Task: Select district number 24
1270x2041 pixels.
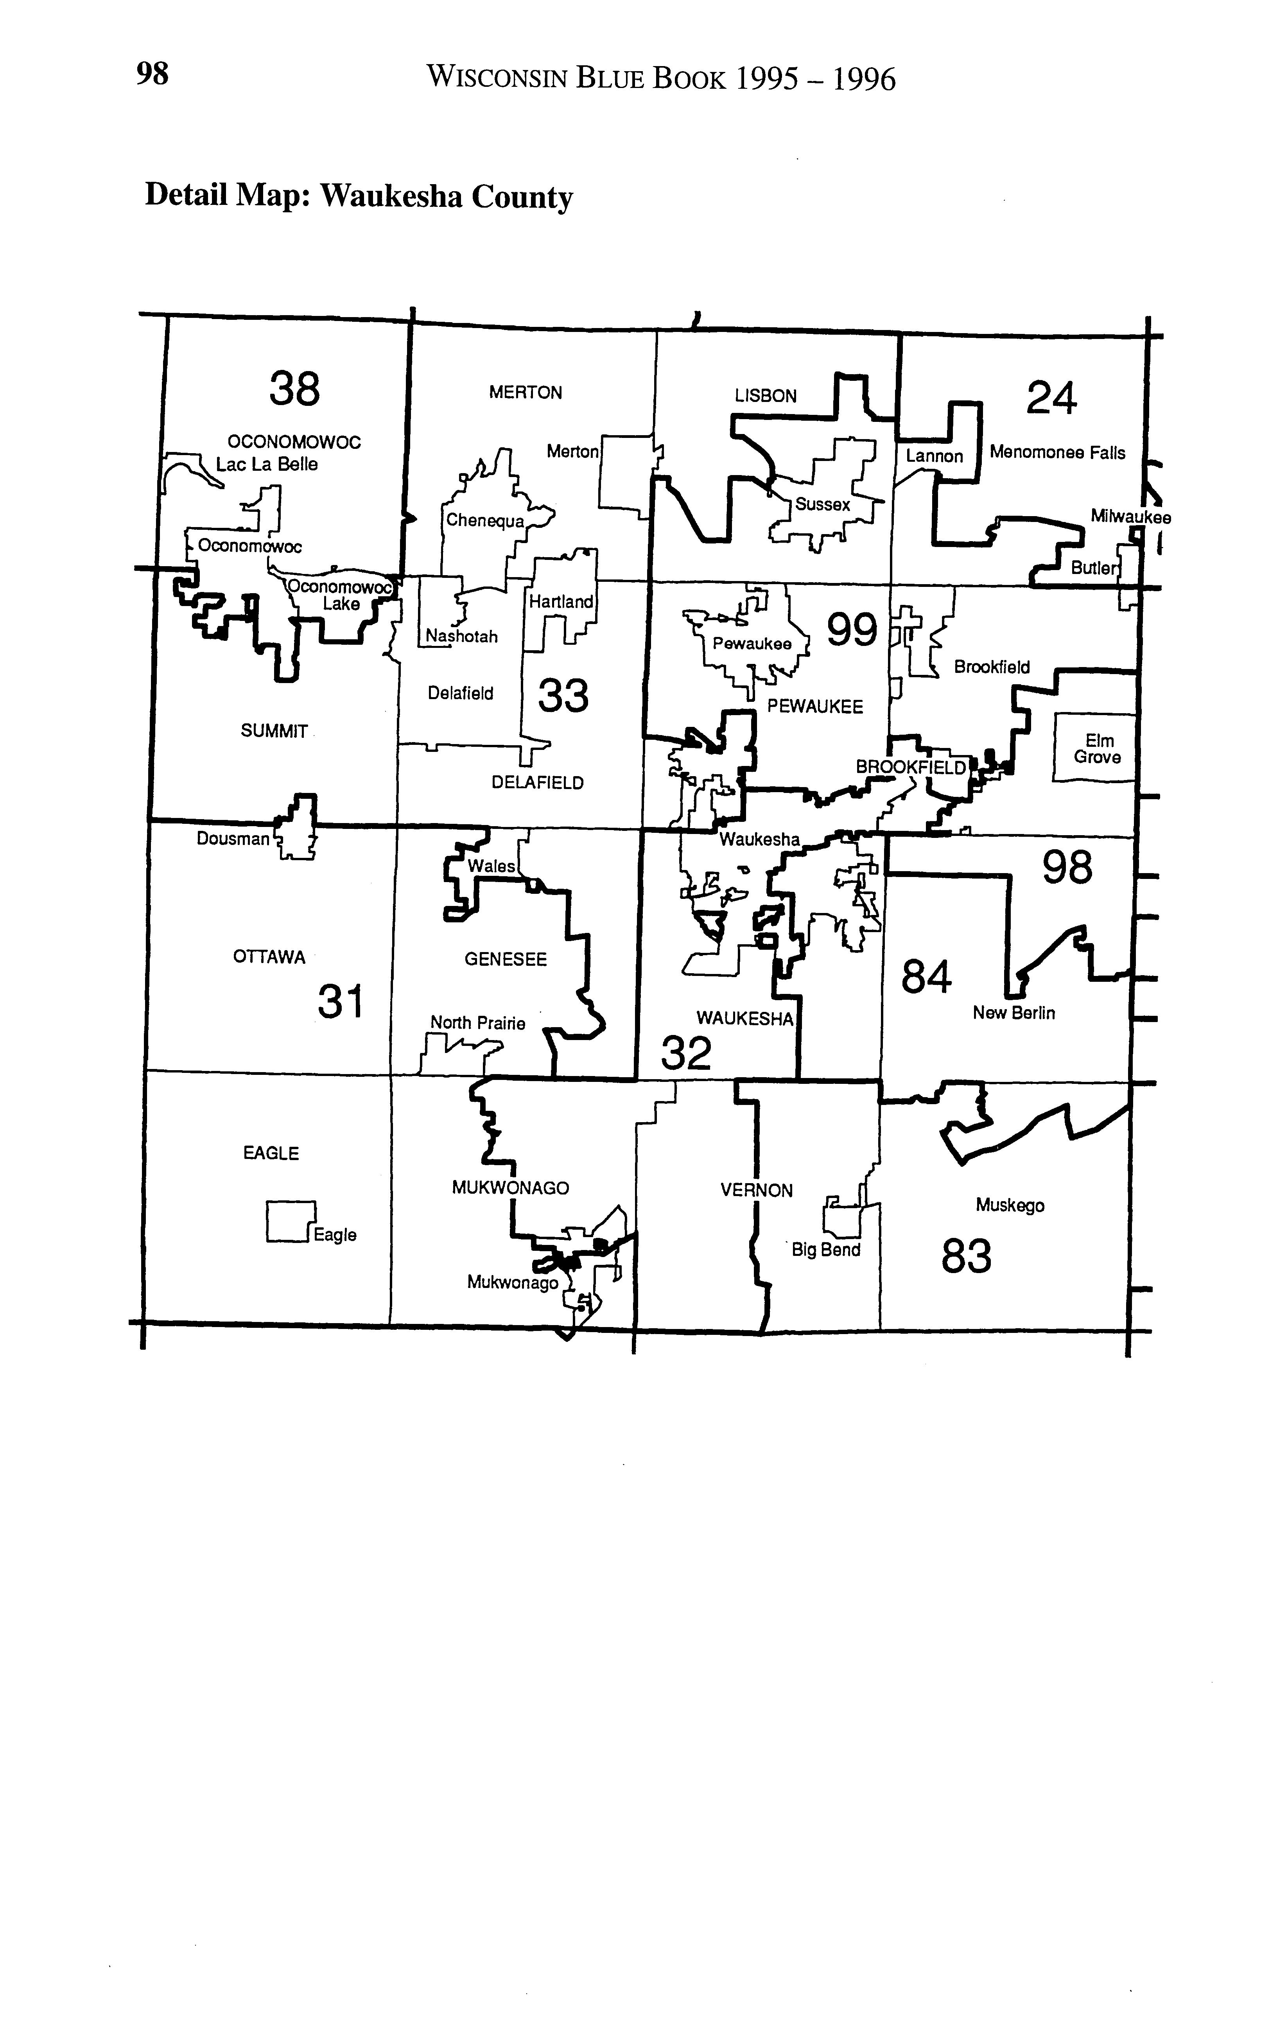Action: click(1051, 398)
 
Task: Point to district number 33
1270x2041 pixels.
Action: click(563, 696)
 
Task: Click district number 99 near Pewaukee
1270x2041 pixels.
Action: click(852, 630)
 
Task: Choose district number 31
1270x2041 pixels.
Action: click(340, 1002)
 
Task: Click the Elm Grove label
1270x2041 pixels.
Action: click(1098, 748)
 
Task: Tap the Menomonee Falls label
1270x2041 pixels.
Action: click(1057, 453)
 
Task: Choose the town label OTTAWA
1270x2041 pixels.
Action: click(269, 958)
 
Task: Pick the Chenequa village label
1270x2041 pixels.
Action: click(484, 521)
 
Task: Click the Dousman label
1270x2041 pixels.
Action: click(233, 838)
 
